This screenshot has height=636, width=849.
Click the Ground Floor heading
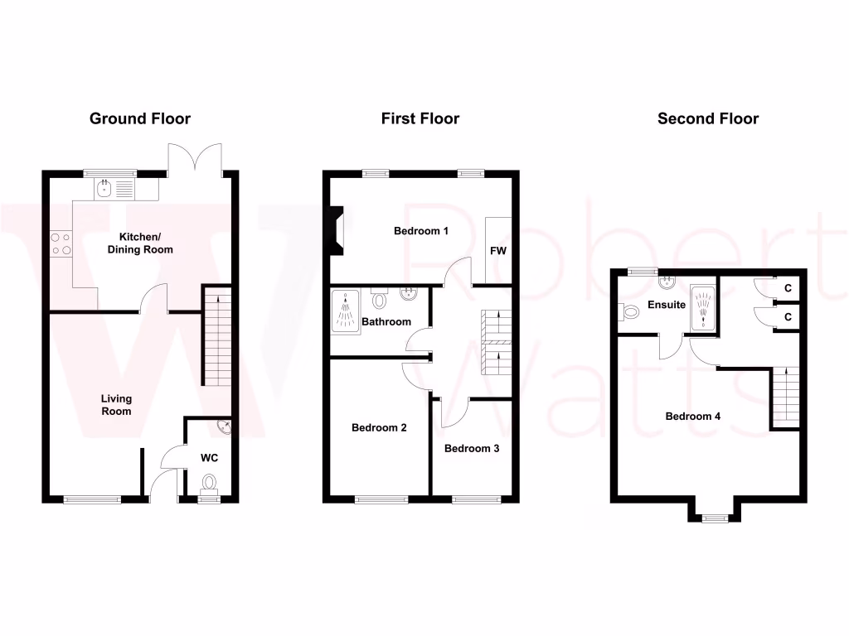(140, 118)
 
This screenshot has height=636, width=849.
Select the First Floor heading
(420, 118)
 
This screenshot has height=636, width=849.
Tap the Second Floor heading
(707, 118)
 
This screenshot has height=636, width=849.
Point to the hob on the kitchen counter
(61, 242)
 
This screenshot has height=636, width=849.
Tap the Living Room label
(116, 405)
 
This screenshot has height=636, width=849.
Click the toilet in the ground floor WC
(208, 481)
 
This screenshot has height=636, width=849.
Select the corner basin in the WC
(224, 427)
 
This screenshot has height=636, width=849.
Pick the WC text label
(209, 456)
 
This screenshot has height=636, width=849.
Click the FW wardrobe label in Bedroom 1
(497, 250)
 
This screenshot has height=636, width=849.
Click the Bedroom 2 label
(379, 428)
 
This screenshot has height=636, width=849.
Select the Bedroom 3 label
(472, 449)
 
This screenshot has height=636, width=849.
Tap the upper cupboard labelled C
(788, 288)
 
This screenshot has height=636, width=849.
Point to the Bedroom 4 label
(693, 417)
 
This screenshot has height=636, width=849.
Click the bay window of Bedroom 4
(711, 518)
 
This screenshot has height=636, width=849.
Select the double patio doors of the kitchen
(195, 157)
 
